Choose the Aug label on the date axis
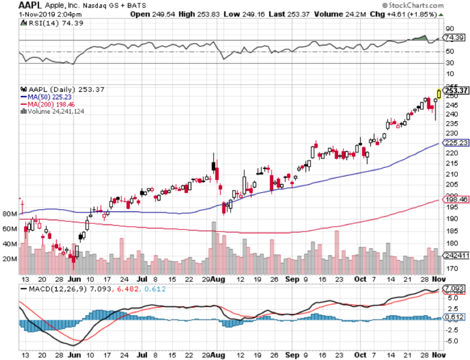coord(218,279)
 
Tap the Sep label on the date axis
coord(291,279)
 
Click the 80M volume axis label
coord(10,214)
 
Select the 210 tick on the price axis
coord(451,174)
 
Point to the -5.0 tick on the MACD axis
coord(452,341)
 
